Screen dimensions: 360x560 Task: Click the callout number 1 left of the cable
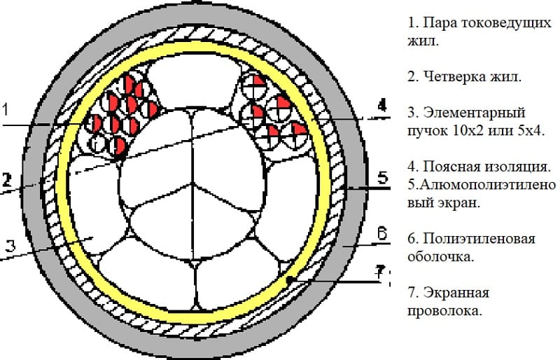coord(6,109)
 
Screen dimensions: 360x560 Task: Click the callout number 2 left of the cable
coord(6,179)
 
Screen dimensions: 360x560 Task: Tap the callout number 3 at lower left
coord(8,245)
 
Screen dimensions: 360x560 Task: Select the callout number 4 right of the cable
coord(381,106)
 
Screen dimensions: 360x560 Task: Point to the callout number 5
coord(383,177)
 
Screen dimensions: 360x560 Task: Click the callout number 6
coord(381,234)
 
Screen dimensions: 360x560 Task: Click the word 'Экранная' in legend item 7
coord(455,292)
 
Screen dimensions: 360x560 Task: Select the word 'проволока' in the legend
coord(444,310)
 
